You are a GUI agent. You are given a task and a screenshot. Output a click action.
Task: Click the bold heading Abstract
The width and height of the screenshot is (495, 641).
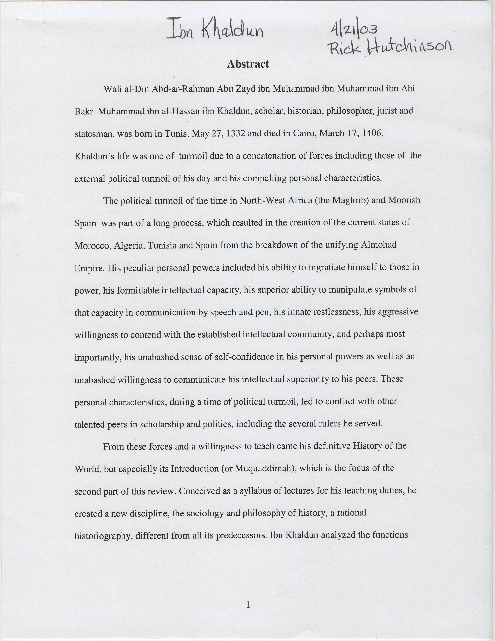pos(248,64)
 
